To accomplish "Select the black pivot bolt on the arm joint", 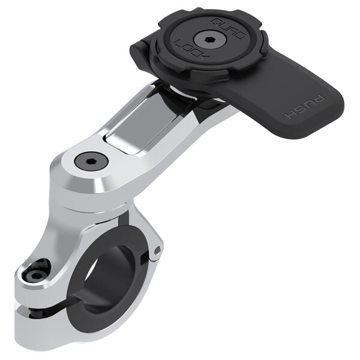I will (x=92, y=160).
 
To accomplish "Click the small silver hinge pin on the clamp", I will (x=157, y=249).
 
